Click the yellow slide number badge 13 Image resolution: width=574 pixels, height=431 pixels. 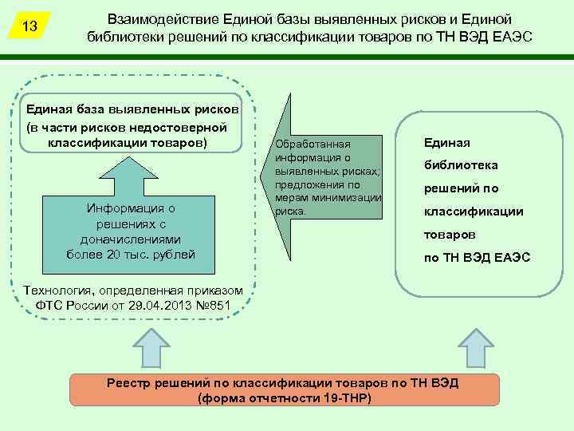click(x=30, y=26)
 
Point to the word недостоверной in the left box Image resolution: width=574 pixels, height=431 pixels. click(x=186, y=127)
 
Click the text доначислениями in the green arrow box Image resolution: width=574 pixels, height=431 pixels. click(x=131, y=239)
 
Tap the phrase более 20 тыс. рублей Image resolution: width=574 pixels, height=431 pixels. click(x=131, y=254)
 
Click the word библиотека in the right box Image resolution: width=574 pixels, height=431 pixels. click(x=461, y=165)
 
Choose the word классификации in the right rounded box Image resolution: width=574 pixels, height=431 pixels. click(x=473, y=212)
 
